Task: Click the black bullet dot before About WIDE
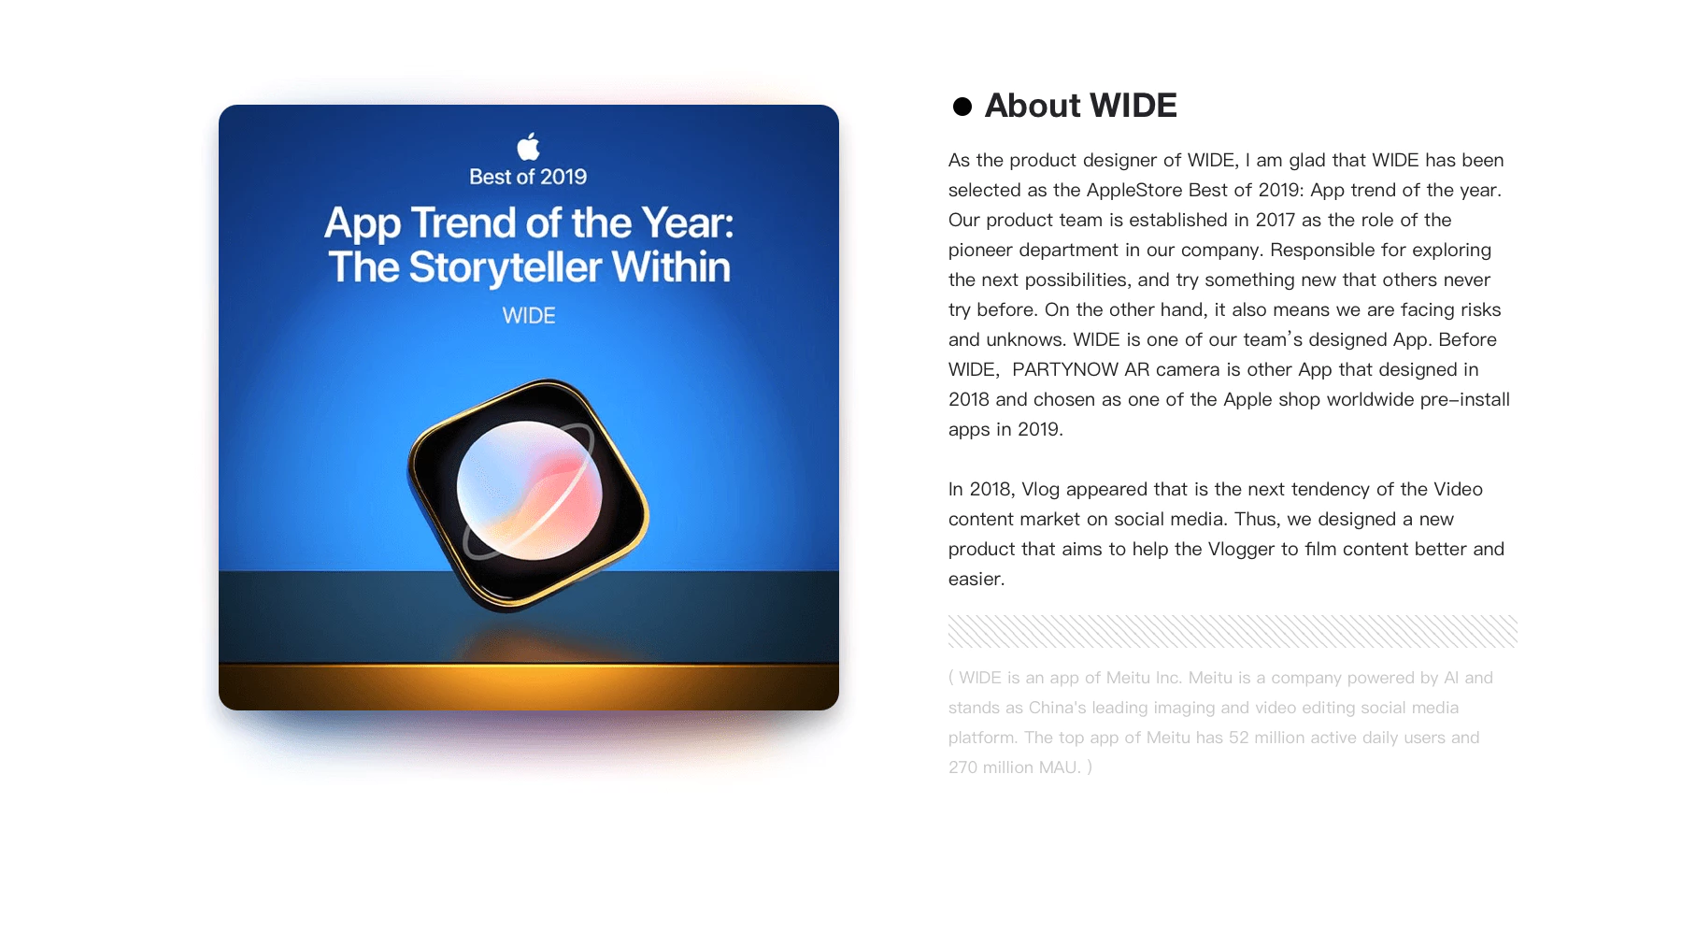pyautogui.click(x=962, y=107)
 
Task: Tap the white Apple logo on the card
pyautogui.click(x=529, y=146)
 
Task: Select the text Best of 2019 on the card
pyautogui.click(x=528, y=177)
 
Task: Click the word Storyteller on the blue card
pyautogui.click(x=506, y=267)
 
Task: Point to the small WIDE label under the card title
pyautogui.click(x=529, y=316)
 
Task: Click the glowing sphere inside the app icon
pyautogui.click(x=529, y=490)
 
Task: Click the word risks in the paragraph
pyautogui.click(x=1477, y=309)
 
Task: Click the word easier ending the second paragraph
pyautogui.click(x=976, y=579)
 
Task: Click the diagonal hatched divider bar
pyautogui.click(x=1233, y=631)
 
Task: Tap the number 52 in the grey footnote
pyautogui.click(x=1239, y=738)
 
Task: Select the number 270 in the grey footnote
pyautogui.click(x=962, y=767)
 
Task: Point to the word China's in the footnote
pyautogui.click(x=1057, y=708)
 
